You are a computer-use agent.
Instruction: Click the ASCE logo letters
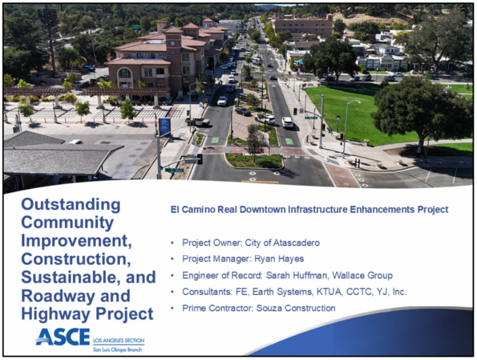pos(63,337)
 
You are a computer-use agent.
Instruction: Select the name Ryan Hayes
pos(279,259)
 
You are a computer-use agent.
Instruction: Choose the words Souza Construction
pos(296,308)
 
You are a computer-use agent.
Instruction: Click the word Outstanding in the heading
pos(70,205)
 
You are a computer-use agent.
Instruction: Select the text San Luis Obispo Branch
pos(118,350)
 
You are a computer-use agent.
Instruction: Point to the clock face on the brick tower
pos(173,43)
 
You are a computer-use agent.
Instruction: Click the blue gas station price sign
pos(164,126)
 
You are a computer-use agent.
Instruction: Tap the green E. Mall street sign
pos(175,170)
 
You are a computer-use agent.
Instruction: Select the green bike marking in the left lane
pos(215,140)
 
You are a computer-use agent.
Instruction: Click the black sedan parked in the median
pos(243,111)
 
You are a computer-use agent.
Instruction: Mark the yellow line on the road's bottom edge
pos(260,182)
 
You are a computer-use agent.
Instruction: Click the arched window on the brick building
pos(125,73)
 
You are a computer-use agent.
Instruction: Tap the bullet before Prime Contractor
pos(172,308)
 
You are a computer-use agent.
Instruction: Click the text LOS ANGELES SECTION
pos(119,340)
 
